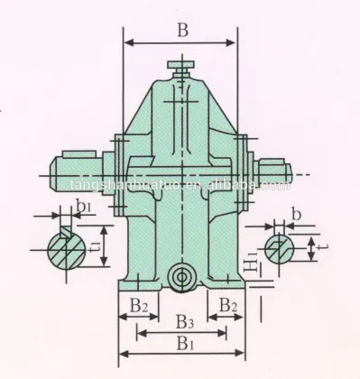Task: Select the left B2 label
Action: point(138,305)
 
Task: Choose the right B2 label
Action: point(229,305)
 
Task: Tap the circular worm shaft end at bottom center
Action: point(183,277)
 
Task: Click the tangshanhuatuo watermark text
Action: point(180,186)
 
